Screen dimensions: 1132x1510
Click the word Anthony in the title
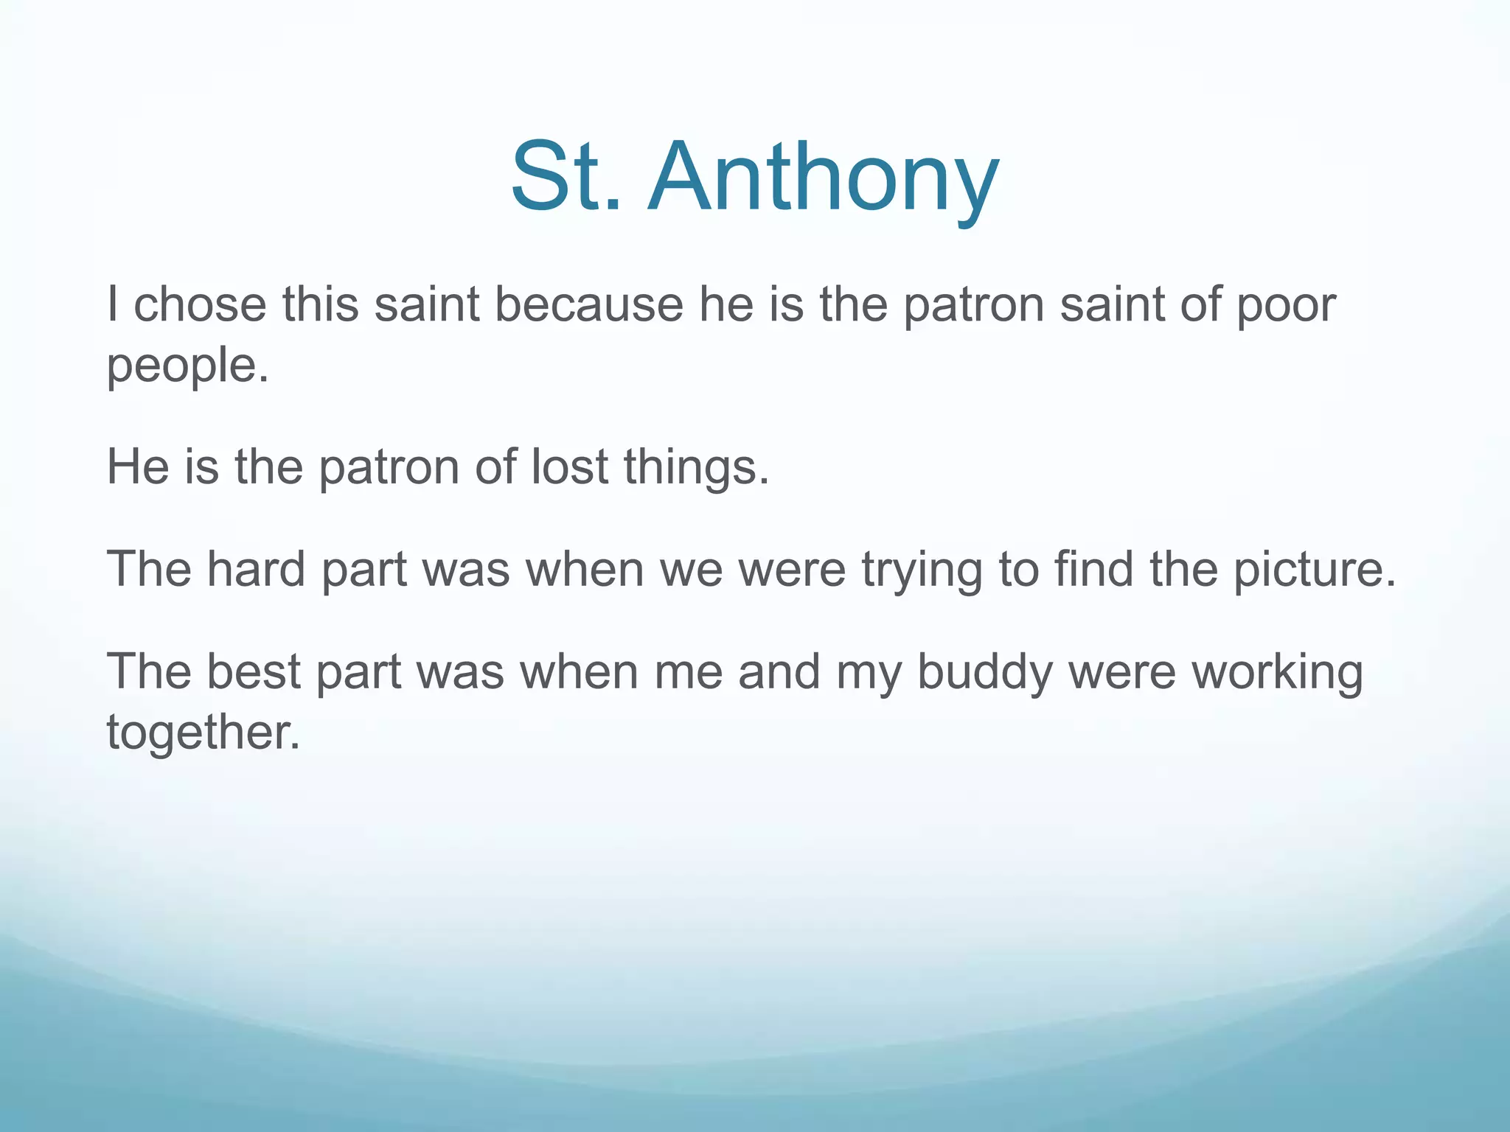point(824,178)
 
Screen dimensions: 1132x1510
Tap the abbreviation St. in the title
point(566,178)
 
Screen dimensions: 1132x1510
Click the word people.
point(187,366)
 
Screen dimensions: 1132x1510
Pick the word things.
point(696,469)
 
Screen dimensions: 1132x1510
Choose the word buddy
point(984,673)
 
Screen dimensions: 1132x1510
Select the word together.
point(203,733)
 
